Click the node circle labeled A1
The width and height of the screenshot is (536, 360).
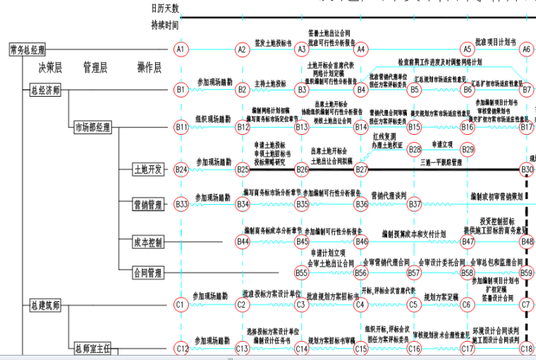click(x=181, y=49)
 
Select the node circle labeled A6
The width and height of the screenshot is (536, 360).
click(x=526, y=49)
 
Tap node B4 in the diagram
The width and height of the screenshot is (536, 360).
click(x=361, y=90)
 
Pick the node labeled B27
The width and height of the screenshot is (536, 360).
click(x=361, y=169)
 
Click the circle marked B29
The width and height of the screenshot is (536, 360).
click(x=468, y=150)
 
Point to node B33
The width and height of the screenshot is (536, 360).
click(x=181, y=204)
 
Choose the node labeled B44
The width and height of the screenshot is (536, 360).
click(x=243, y=241)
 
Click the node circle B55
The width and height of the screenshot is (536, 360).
click(x=302, y=272)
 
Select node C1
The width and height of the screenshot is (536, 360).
click(x=181, y=305)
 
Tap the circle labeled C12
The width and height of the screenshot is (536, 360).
click(x=182, y=348)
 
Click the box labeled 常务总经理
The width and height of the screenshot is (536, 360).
click(x=28, y=49)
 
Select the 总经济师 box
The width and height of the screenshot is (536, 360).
click(x=45, y=90)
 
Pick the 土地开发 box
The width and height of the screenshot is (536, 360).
click(x=149, y=169)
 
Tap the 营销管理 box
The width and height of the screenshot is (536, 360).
click(x=149, y=205)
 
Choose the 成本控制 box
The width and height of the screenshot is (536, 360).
click(x=149, y=242)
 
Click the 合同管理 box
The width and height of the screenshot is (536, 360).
click(x=149, y=272)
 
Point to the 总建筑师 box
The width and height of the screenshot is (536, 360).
click(x=45, y=306)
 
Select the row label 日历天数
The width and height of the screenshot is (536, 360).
click(x=165, y=8)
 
